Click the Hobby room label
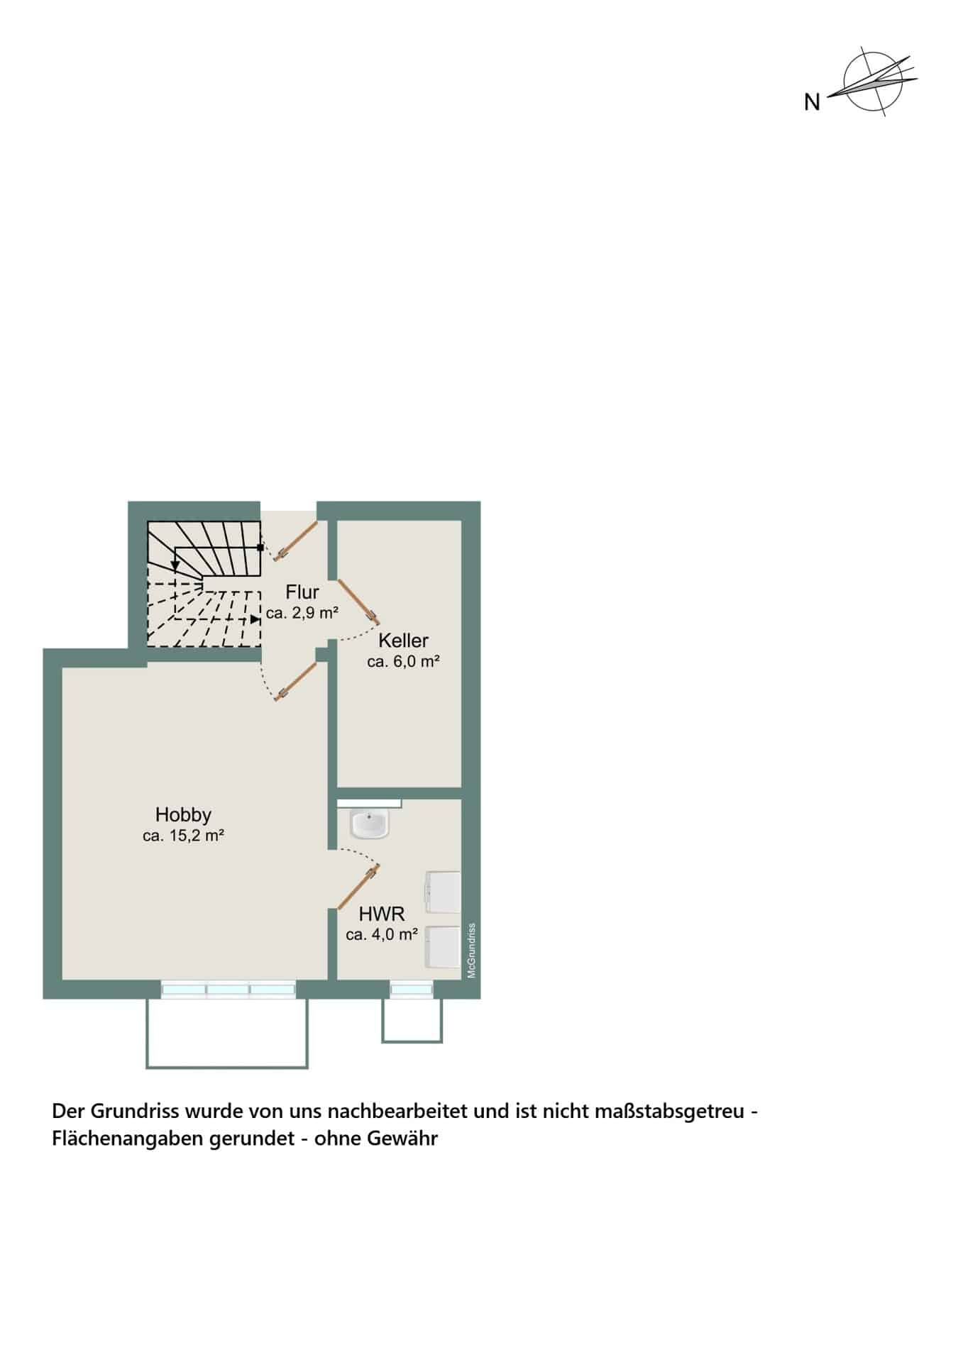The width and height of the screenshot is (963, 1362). (x=183, y=815)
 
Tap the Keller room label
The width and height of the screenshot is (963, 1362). (x=403, y=641)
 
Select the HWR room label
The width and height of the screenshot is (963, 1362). (x=382, y=914)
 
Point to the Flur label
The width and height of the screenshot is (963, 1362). (x=302, y=592)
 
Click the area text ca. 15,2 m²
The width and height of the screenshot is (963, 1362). (x=183, y=836)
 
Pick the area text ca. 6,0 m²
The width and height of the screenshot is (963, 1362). (x=403, y=662)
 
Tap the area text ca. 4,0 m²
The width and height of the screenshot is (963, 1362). (x=382, y=935)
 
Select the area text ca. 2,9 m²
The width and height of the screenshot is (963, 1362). (x=302, y=613)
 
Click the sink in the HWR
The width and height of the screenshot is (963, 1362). (x=370, y=824)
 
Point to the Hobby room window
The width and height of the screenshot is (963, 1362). (x=228, y=990)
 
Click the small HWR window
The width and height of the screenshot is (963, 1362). (x=410, y=990)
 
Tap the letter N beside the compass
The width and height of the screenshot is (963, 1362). (x=812, y=103)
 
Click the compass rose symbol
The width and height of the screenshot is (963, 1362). (x=872, y=81)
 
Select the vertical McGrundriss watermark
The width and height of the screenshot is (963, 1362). (x=471, y=951)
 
